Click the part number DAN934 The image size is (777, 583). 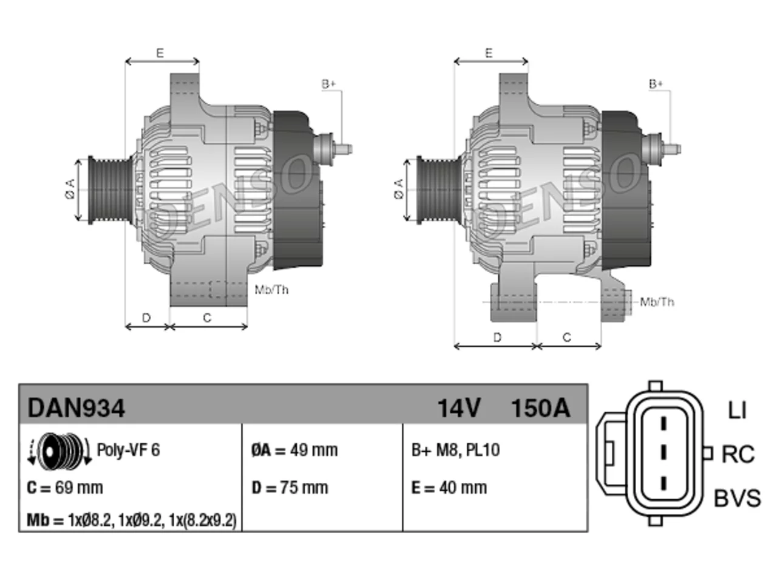(76, 408)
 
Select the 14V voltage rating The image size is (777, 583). (459, 408)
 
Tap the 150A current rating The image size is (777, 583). (540, 408)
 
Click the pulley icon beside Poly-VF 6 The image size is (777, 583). (59, 451)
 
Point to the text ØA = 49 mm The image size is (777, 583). (294, 450)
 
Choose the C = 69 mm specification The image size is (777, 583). (65, 488)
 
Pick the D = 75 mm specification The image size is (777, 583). (290, 488)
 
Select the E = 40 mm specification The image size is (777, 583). (449, 488)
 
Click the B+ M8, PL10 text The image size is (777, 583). (456, 450)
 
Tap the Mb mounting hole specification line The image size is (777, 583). (132, 520)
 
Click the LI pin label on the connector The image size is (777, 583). (737, 411)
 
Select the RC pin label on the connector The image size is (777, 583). (738, 454)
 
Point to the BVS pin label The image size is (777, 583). (737, 498)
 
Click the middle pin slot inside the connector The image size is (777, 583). (663, 452)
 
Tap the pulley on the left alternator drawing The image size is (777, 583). (110, 190)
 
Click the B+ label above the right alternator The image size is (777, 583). (656, 84)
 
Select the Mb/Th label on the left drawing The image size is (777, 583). (271, 290)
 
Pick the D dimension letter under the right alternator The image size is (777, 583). (497, 337)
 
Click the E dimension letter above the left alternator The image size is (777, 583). (160, 53)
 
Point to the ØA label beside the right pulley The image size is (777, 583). (398, 189)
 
